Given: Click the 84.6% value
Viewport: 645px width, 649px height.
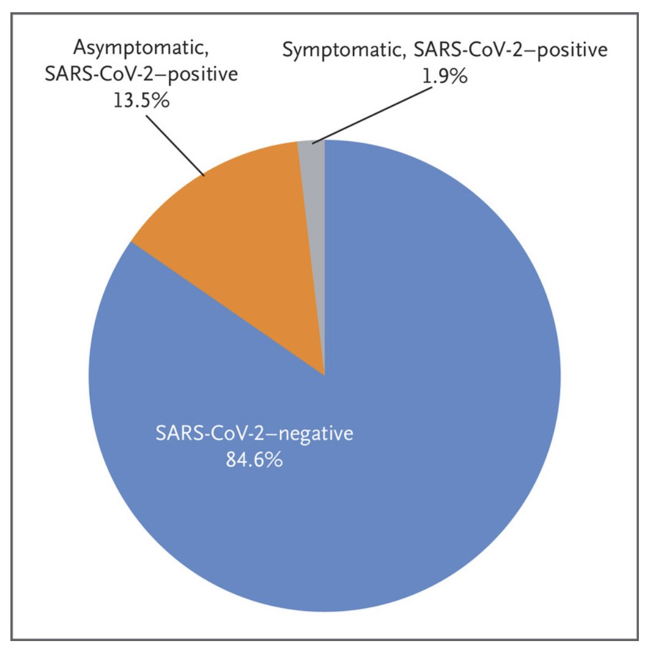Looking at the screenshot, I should [254, 460].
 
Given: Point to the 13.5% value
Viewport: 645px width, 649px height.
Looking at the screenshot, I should [141, 100].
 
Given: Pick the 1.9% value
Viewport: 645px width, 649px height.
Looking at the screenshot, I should [445, 78].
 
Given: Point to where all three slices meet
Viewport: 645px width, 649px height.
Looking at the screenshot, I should [324, 374].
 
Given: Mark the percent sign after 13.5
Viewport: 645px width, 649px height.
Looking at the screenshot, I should [160, 100].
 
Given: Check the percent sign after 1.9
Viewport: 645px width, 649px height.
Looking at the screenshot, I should [459, 78].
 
